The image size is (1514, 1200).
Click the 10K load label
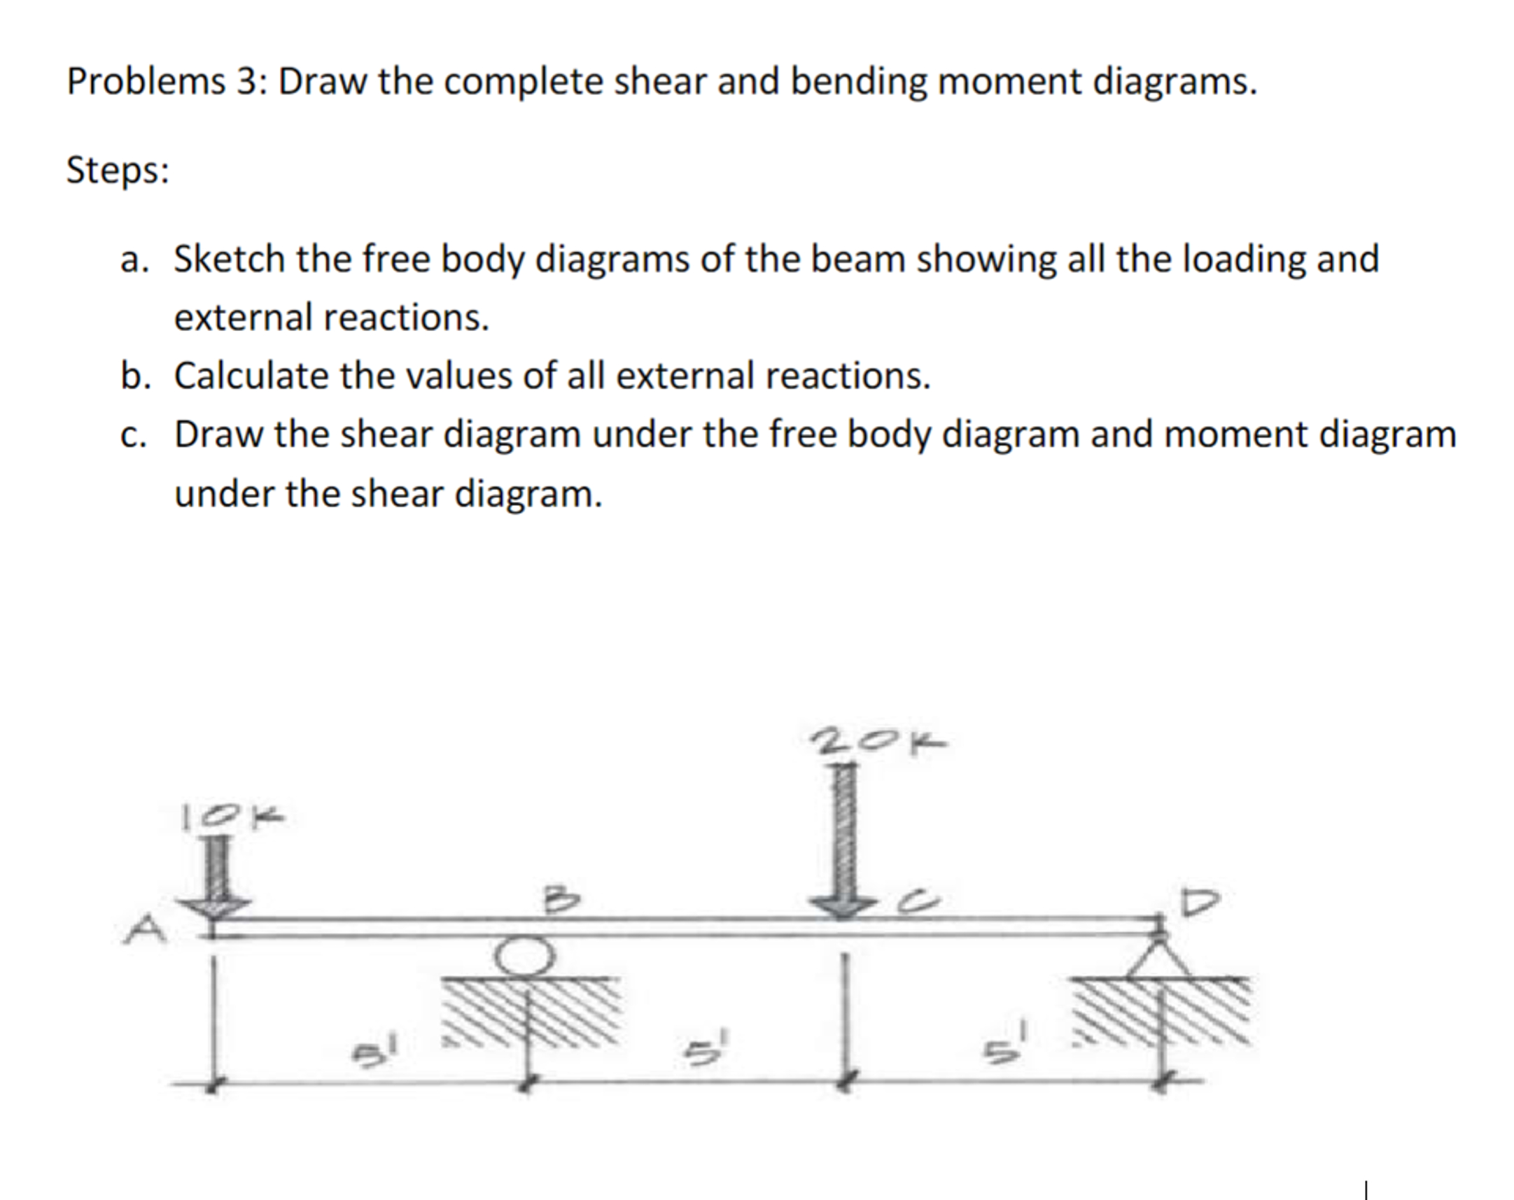click(234, 817)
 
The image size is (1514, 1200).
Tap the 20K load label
click(878, 742)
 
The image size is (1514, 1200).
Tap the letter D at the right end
click(1202, 903)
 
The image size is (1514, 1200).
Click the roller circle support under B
click(524, 956)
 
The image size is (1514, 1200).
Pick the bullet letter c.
click(133, 435)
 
